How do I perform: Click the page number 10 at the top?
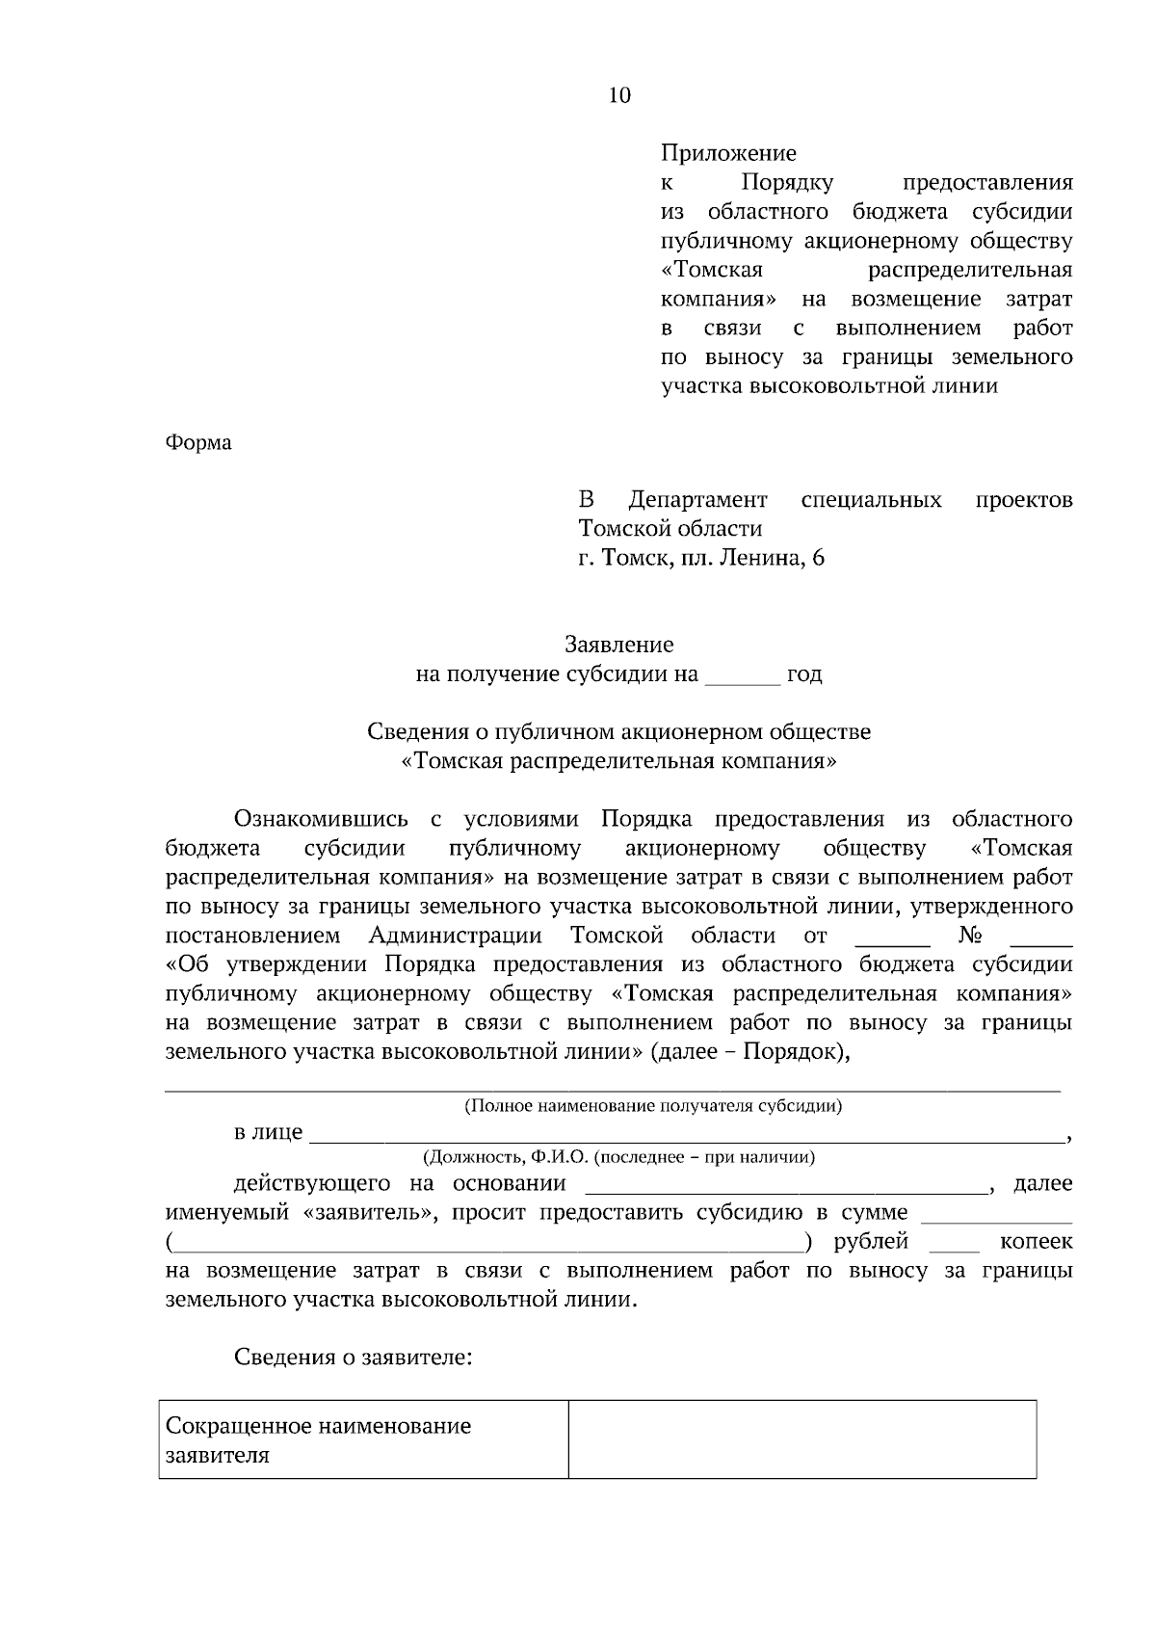click(x=619, y=95)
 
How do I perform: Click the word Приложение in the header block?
click(x=728, y=153)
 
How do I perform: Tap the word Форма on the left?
click(x=198, y=442)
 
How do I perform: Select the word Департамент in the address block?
click(x=697, y=500)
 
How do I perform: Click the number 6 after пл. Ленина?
click(x=818, y=558)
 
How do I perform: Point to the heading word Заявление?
click(x=618, y=644)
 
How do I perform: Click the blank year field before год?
click(x=742, y=676)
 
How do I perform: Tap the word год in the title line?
click(x=804, y=674)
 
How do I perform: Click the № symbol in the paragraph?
click(x=970, y=936)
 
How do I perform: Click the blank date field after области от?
click(x=892, y=938)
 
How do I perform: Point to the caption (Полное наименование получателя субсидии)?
click(x=653, y=1105)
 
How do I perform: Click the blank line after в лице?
click(x=686, y=1135)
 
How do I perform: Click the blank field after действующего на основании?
click(x=787, y=1186)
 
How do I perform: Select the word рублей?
click(x=871, y=1241)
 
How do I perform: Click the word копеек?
click(x=1037, y=1241)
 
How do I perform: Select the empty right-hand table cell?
click(x=801, y=1439)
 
